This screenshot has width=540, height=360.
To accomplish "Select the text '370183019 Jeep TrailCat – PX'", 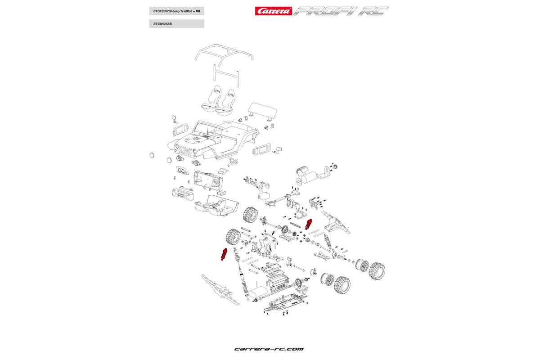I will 176,11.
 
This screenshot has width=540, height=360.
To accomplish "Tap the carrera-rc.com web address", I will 269,349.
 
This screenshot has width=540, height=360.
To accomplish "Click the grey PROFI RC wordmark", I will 341,11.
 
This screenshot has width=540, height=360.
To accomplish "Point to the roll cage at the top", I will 224,54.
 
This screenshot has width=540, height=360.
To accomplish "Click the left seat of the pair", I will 211,99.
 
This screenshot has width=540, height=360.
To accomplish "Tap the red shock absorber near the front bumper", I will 223,254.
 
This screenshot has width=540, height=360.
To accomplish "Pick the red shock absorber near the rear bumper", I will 309,224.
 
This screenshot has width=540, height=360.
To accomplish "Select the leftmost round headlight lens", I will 152,155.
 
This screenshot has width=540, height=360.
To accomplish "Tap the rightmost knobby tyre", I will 377,270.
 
